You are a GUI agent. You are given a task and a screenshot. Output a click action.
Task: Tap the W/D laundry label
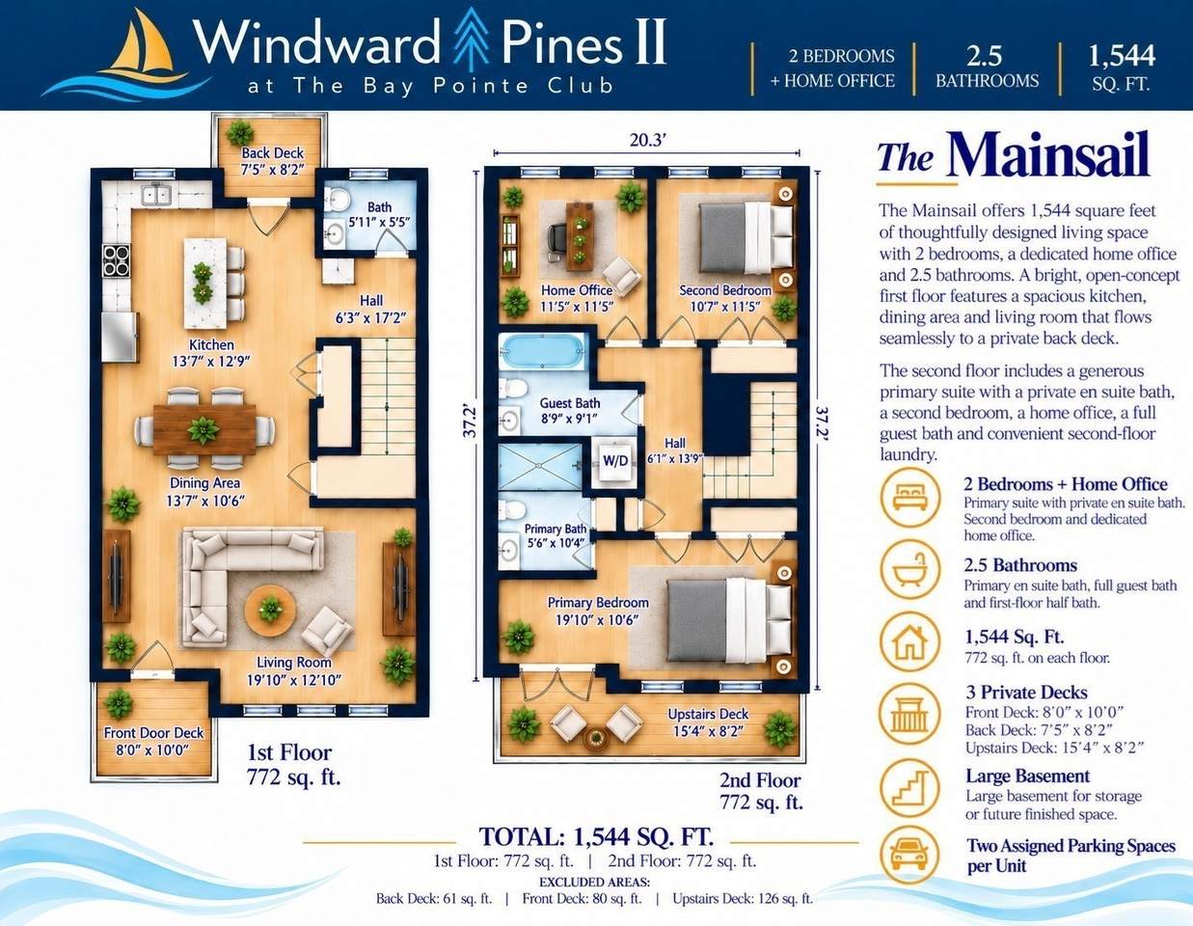tap(615, 460)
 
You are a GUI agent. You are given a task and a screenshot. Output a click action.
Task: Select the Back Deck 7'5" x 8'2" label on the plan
tap(272, 161)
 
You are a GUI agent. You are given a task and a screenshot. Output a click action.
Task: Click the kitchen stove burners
tap(117, 260)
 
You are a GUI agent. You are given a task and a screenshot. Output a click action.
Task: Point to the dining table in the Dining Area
tap(204, 429)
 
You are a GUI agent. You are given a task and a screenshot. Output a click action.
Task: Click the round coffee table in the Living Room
tap(270, 611)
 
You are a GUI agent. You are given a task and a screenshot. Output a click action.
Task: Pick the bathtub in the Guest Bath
tap(542, 351)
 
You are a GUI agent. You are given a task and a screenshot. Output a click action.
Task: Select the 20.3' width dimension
tap(647, 141)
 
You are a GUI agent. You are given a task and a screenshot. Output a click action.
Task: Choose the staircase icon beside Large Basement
tap(909, 789)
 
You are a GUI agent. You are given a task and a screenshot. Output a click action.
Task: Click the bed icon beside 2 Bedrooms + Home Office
tap(909, 498)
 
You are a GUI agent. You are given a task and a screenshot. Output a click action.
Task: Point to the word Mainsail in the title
tap(1048, 153)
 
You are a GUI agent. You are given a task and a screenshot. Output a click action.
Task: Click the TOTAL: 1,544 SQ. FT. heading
tap(596, 837)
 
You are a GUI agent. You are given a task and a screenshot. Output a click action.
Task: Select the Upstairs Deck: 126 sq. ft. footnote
tap(743, 899)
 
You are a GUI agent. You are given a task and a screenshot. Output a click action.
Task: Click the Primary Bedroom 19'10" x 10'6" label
tap(598, 611)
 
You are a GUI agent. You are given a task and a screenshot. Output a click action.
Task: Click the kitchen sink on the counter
tap(157, 194)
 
